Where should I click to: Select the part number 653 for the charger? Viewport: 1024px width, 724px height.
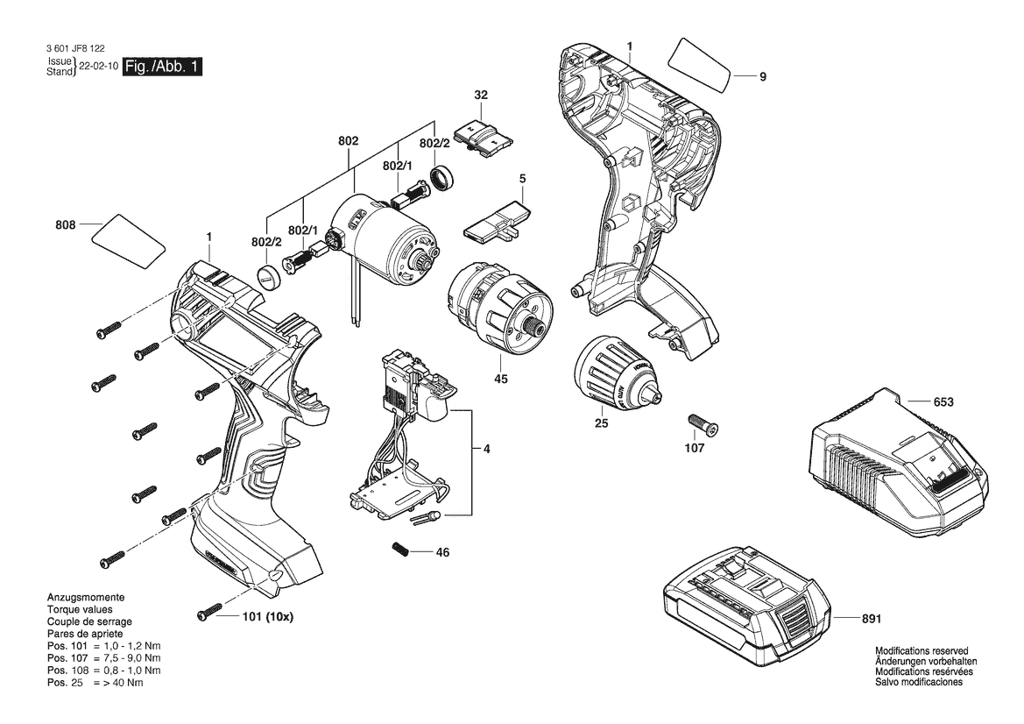click(x=943, y=401)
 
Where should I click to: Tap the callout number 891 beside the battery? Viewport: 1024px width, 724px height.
click(x=872, y=618)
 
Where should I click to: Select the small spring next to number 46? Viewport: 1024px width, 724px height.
click(x=401, y=550)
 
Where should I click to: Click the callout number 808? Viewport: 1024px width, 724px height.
click(x=66, y=224)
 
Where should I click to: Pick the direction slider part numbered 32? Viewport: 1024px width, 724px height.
click(x=484, y=138)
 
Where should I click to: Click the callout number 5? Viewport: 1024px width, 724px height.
click(x=522, y=179)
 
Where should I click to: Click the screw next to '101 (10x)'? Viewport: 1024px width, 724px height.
click(x=208, y=614)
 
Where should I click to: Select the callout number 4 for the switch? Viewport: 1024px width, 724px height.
click(x=486, y=449)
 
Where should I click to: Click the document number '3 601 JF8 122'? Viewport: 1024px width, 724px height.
click(x=75, y=48)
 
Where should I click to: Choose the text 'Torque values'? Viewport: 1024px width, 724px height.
click(x=80, y=610)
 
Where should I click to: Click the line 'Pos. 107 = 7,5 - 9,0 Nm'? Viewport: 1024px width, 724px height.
click(x=104, y=658)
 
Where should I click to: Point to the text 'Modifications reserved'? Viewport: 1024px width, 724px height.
click(x=922, y=651)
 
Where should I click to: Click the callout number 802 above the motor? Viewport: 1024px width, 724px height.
click(x=348, y=141)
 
